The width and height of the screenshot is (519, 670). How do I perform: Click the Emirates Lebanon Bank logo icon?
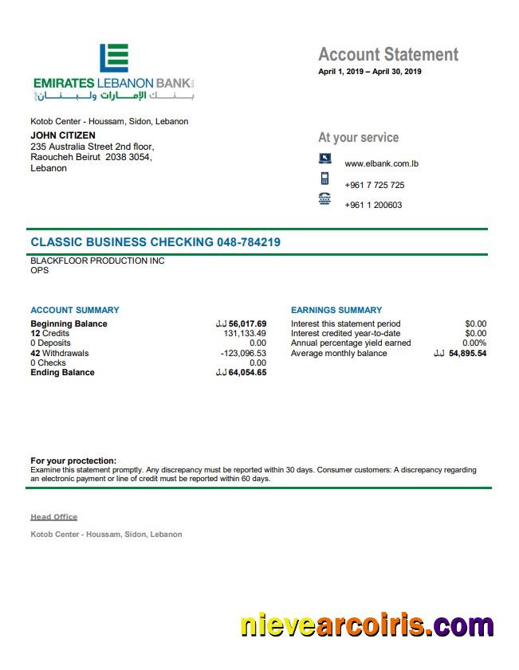point(114,58)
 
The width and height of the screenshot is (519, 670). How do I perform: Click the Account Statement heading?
point(388,54)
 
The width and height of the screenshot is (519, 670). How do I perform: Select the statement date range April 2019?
point(370,72)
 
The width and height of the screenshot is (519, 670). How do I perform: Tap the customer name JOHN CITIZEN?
point(63,135)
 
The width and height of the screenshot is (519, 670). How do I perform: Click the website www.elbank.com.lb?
point(382,164)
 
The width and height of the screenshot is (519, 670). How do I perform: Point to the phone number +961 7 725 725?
point(374,185)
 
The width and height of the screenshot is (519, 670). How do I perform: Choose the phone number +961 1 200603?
point(373,205)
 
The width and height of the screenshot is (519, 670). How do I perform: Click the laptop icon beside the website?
point(324,159)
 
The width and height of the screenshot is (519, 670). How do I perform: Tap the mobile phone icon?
point(324,178)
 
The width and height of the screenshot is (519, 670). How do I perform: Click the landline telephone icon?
point(324,199)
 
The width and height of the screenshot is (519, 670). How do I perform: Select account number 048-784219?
point(248,242)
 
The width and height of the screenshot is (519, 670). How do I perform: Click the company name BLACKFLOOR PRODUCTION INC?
point(97,261)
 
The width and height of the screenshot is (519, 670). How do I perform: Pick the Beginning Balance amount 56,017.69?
point(247,324)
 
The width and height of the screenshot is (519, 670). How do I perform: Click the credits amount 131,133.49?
point(245,334)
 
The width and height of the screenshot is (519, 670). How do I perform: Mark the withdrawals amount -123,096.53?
point(243,353)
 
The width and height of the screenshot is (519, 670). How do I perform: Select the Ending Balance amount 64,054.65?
point(247,372)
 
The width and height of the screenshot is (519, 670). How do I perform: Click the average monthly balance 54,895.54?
point(467,353)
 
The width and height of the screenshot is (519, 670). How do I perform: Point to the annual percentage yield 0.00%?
point(474,343)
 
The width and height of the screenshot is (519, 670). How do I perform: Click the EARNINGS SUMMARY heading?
point(336,310)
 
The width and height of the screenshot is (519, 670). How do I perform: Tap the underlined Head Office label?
point(53,517)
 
